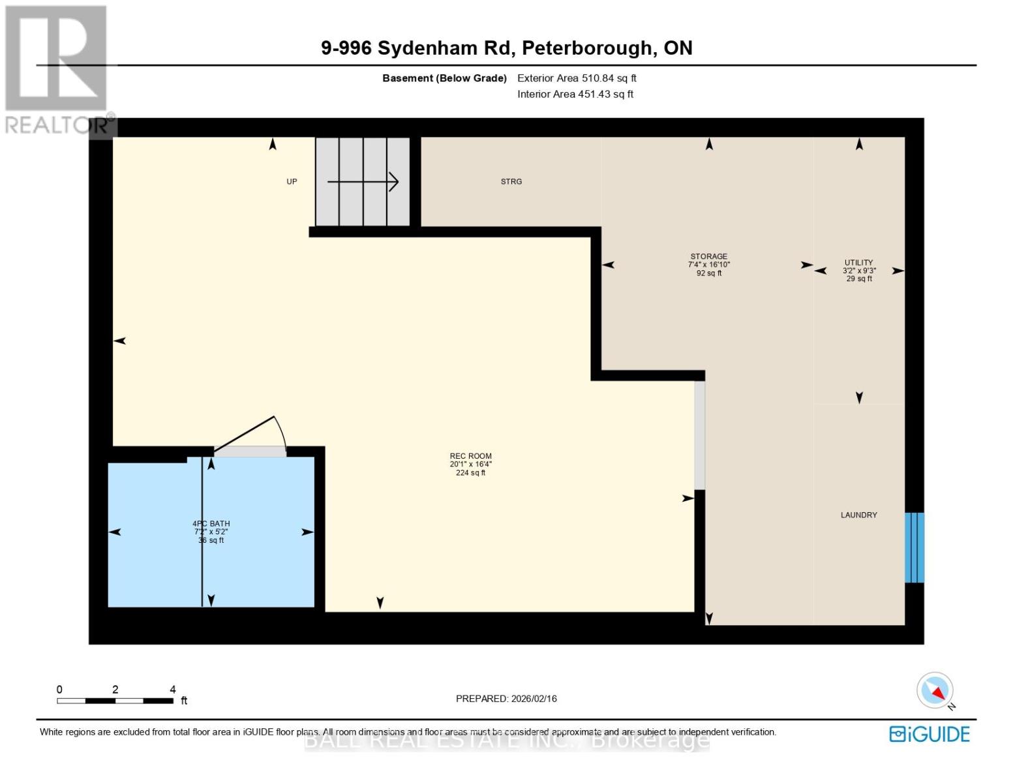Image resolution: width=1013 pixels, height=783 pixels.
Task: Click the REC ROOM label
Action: (x=470, y=456)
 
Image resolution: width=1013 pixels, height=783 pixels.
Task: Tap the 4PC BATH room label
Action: (x=211, y=523)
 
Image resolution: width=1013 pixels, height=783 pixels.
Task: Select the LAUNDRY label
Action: (x=858, y=515)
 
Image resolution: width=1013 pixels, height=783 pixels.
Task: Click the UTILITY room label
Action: (x=858, y=262)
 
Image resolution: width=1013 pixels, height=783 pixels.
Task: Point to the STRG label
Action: (x=511, y=181)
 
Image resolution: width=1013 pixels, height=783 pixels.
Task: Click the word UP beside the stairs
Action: (x=292, y=181)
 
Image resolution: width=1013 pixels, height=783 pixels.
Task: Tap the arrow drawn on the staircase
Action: (x=363, y=181)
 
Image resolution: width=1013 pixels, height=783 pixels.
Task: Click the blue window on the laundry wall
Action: (x=914, y=547)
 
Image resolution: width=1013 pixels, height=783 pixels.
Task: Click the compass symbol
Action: (x=935, y=690)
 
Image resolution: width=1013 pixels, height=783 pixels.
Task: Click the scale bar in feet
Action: (x=115, y=701)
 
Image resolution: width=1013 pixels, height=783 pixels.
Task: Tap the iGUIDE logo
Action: (x=929, y=734)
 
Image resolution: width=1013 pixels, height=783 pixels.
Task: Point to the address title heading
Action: (x=506, y=48)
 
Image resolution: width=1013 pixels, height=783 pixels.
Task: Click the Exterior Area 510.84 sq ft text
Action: (x=577, y=78)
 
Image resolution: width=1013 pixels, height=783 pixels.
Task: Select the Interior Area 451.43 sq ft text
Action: (x=575, y=94)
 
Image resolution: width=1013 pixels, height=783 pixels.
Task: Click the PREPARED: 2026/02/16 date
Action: (x=506, y=698)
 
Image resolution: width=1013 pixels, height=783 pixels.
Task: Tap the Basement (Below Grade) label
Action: (x=444, y=78)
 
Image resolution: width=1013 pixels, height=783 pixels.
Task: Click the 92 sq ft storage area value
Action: (x=709, y=273)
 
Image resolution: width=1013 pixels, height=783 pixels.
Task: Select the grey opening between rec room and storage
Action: (x=699, y=435)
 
